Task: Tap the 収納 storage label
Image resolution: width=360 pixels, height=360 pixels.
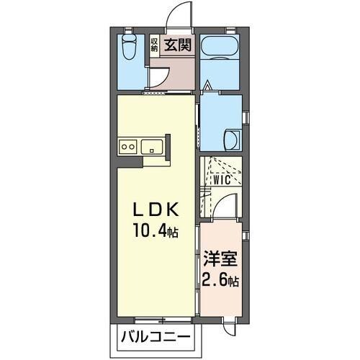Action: pos(154,45)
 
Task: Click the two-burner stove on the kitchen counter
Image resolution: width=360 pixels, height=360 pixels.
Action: pos(127,146)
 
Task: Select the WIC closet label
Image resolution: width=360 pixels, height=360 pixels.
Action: pos(222,180)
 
